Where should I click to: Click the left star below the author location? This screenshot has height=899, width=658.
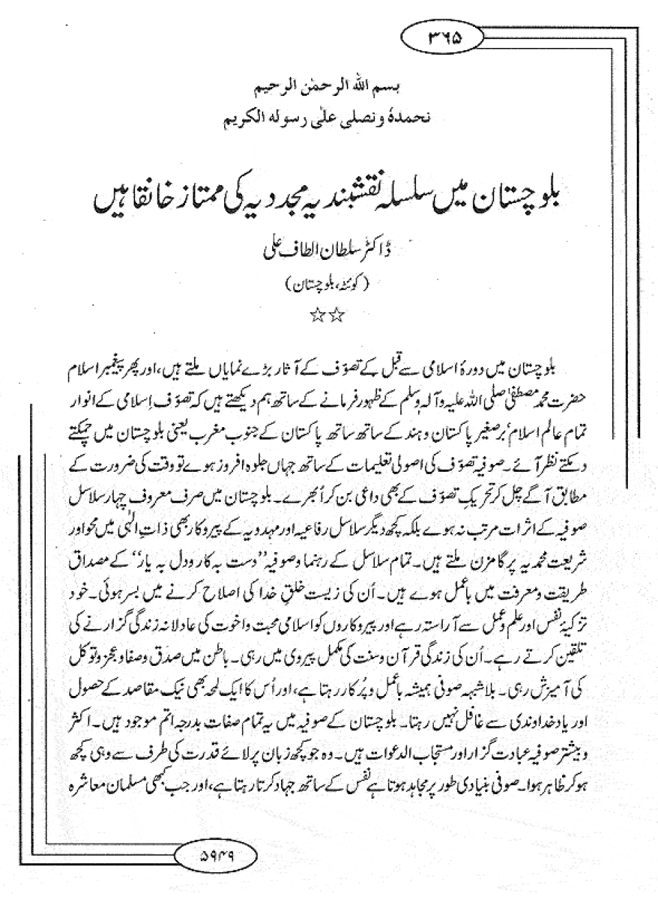tap(318, 316)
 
